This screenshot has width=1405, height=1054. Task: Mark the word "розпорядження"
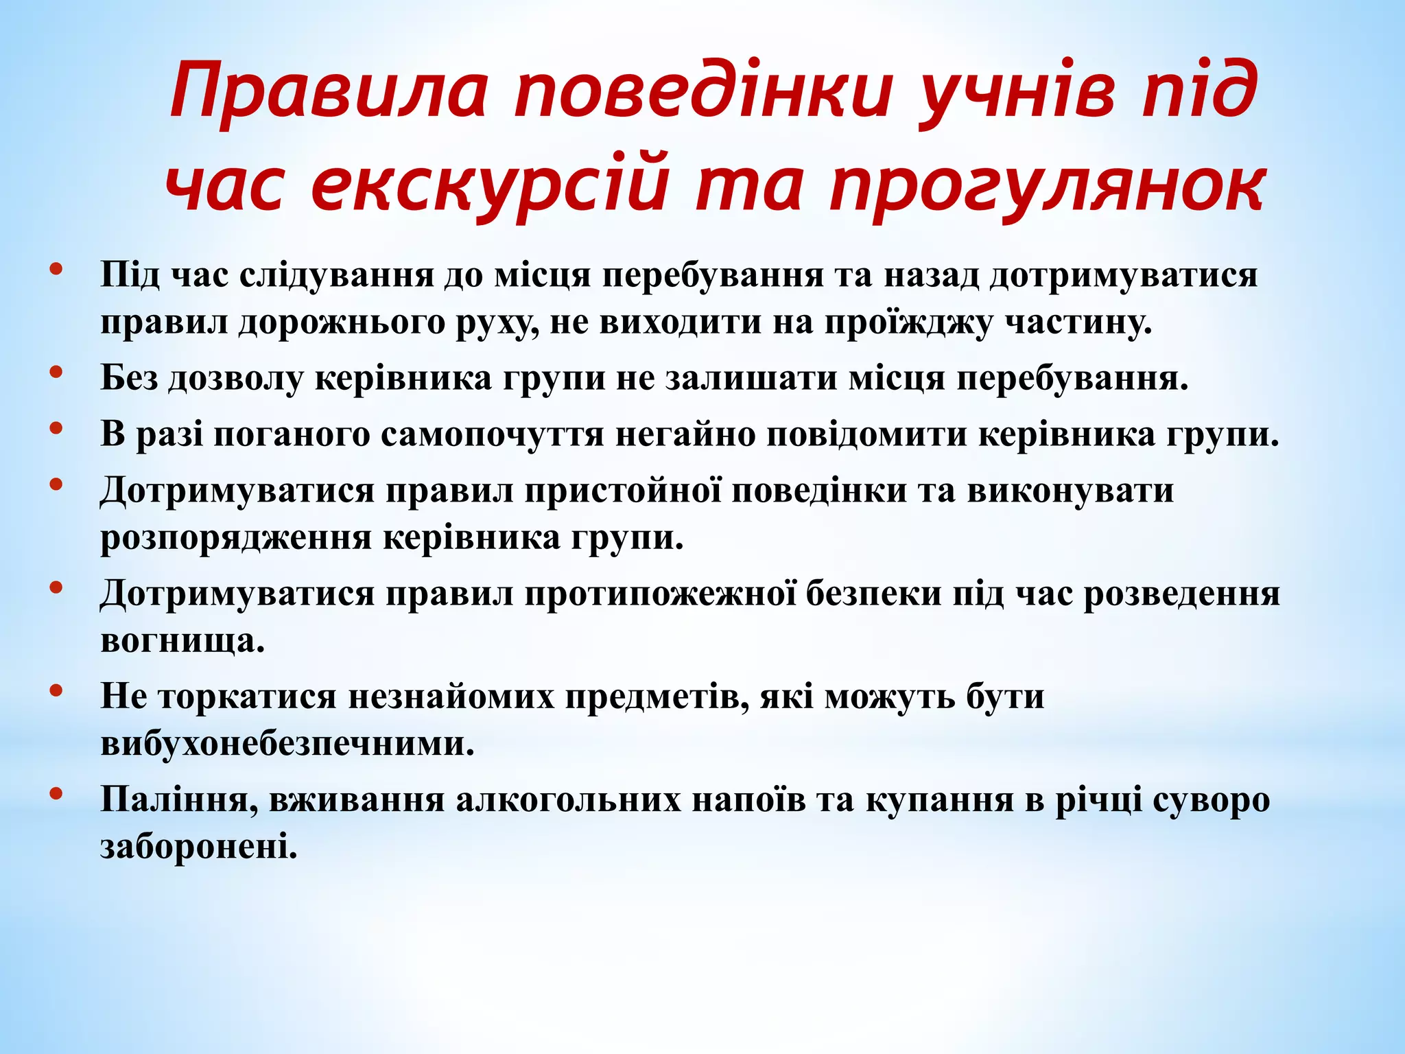pyautogui.click(x=237, y=538)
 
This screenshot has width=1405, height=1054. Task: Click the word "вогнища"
pyautogui.click(x=182, y=641)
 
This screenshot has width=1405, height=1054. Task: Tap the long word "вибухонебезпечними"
pyautogui.click(x=287, y=744)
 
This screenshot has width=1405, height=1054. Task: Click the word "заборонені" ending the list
pyautogui.click(x=199, y=847)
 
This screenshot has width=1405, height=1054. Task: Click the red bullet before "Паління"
pyautogui.click(x=57, y=794)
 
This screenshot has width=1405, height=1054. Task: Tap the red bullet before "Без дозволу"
pyautogui.click(x=57, y=372)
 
